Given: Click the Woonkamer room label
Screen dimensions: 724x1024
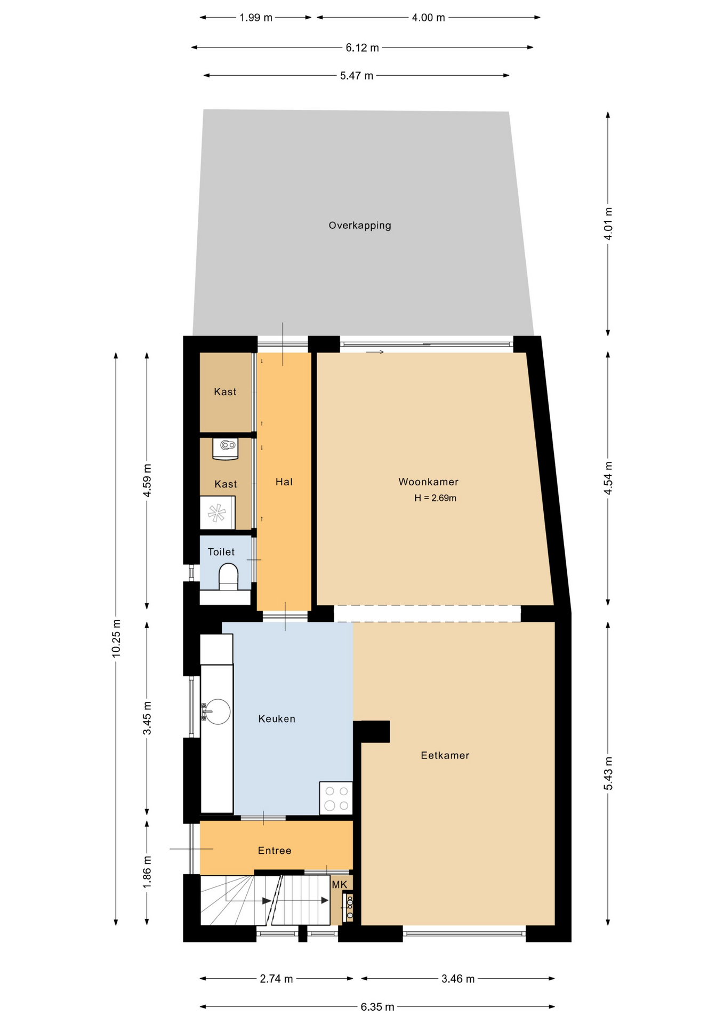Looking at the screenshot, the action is pyautogui.click(x=428, y=482).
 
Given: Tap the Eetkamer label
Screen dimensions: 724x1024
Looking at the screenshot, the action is pyautogui.click(x=445, y=755).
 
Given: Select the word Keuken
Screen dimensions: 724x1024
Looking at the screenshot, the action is pyautogui.click(x=277, y=719).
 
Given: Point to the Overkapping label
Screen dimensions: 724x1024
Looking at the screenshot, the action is pyautogui.click(x=360, y=226).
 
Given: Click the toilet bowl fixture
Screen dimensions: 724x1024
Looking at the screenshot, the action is pyautogui.click(x=228, y=577).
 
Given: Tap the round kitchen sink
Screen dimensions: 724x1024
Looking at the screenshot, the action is pyautogui.click(x=218, y=711).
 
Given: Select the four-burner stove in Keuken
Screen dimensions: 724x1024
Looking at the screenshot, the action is pyautogui.click(x=336, y=798).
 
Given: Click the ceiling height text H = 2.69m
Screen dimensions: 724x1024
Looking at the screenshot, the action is pyautogui.click(x=435, y=498).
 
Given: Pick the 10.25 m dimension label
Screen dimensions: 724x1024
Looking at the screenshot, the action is pyautogui.click(x=116, y=638).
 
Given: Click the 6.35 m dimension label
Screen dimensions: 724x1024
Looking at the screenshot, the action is pyautogui.click(x=377, y=1007).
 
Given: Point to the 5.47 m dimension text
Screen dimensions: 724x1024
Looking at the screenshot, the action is pyautogui.click(x=357, y=76).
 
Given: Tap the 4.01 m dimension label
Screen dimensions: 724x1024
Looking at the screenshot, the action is pyautogui.click(x=608, y=224).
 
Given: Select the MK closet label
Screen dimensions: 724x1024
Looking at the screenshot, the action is pyautogui.click(x=340, y=885).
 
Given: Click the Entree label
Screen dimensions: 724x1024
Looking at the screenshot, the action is pyautogui.click(x=275, y=851).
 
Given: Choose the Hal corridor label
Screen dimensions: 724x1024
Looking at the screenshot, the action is pyautogui.click(x=284, y=482).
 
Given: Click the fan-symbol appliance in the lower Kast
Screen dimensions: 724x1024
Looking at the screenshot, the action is pyautogui.click(x=217, y=513).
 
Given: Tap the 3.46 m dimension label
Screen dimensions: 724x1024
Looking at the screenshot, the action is pyautogui.click(x=458, y=979).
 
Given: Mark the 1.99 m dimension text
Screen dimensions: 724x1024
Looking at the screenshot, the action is pyautogui.click(x=256, y=18).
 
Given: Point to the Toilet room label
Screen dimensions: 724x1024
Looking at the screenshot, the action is pyautogui.click(x=221, y=552).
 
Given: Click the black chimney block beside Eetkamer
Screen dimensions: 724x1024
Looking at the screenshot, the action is pyautogui.click(x=372, y=731).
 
